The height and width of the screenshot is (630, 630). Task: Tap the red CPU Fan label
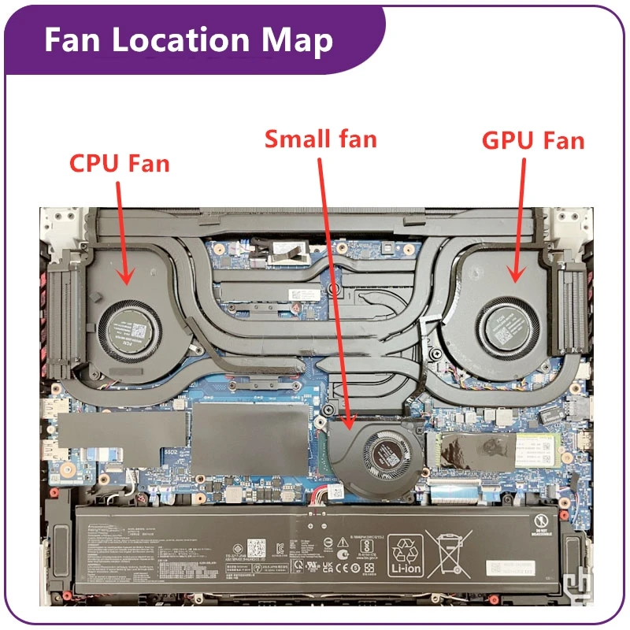[120, 164]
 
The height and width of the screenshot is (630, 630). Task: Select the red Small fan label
[321, 139]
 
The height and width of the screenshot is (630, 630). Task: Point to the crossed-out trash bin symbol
[448, 556]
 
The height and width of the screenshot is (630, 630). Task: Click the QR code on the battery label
[258, 548]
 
